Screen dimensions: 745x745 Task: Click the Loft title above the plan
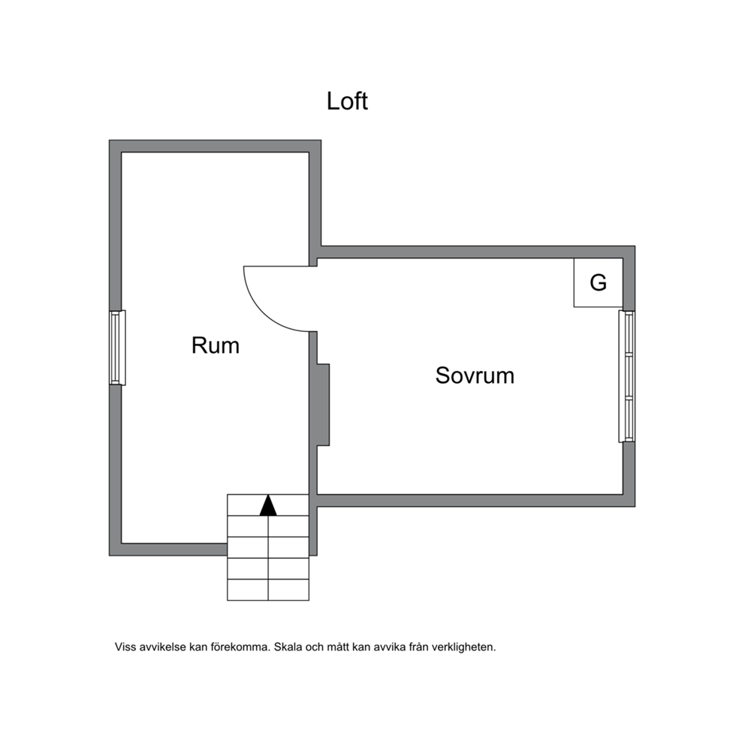tap(347, 101)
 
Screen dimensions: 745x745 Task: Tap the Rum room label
tap(216, 345)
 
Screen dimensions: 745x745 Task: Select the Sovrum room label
tap(475, 376)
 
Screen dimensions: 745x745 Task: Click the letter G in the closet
tap(599, 282)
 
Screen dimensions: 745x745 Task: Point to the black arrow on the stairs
tap(268, 505)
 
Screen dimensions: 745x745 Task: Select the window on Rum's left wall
tap(117, 347)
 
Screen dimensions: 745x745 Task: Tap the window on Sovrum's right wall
tap(626, 376)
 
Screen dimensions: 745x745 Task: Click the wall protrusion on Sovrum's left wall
tap(323, 405)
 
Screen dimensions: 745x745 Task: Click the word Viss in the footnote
tap(125, 647)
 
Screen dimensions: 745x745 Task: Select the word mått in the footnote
tap(338, 647)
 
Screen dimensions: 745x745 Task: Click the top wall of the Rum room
tap(216, 146)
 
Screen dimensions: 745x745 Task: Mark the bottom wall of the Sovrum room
tap(476, 501)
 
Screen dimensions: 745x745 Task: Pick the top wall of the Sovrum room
tap(478, 252)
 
